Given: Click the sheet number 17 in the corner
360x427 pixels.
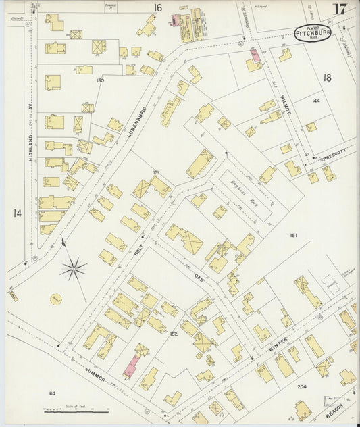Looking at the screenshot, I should click(340, 9).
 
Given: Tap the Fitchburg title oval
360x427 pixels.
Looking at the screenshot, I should click(313, 33).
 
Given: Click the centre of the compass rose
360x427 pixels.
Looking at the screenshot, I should click(74, 270).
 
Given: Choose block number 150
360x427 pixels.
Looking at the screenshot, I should click(100, 80).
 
